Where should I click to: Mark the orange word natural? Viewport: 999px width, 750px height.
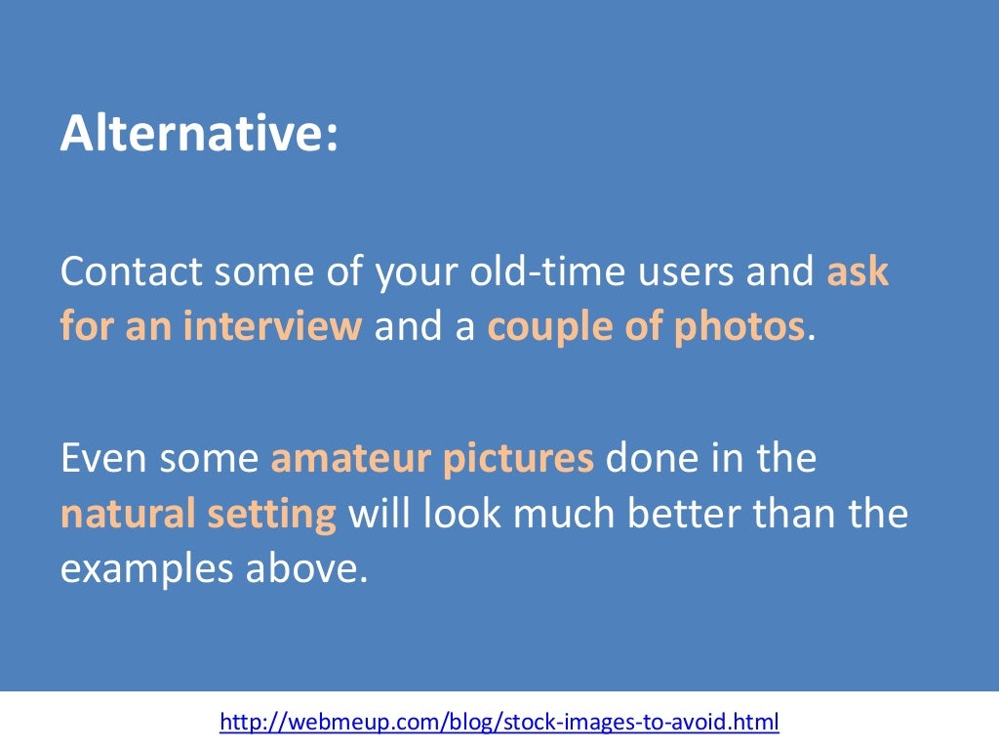point(125,513)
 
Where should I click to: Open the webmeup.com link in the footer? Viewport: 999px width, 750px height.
point(499,724)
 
